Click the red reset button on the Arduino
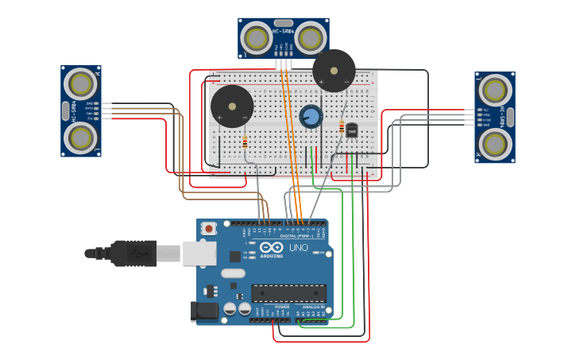click(x=209, y=229)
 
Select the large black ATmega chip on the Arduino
click(x=288, y=292)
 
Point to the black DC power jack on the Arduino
click(x=204, y=311)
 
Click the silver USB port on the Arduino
click(x=199, y=254)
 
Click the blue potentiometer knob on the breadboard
click(x=311, y=117)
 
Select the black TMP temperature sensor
click(x=351, y=130)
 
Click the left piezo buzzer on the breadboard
click(x=232, y=106)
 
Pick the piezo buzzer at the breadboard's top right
click(x=334, y=71)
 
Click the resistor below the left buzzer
click(x=244, y=143)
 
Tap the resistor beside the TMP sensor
click(x=342, y=127)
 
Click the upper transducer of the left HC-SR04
click(x=81, y=83)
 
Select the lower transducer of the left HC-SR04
click(x=81, y=137)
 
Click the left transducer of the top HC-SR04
click(x=257, y=38)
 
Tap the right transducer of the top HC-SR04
click(x=311, y=38)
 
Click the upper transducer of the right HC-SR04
click(x=494, y=90)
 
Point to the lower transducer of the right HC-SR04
click(x=494, y=144)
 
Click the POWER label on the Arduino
click(x=282, y=306)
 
